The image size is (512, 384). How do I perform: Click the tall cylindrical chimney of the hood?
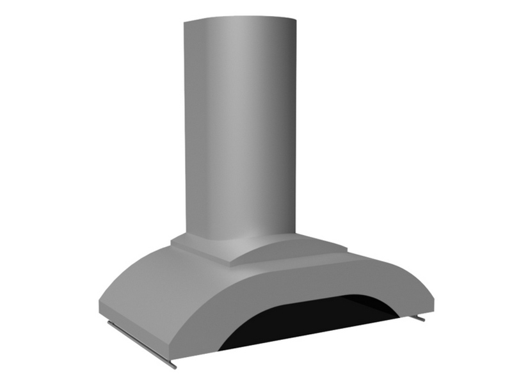tap(240, 128)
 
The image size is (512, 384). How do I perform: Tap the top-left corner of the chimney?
tap(184, 24)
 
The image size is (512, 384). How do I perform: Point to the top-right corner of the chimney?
tap(297, 21)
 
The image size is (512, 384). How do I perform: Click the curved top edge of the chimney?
tap(240, 17)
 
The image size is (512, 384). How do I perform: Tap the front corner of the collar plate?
tap(229, 264)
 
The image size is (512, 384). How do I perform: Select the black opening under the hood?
tap(307, 326)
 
